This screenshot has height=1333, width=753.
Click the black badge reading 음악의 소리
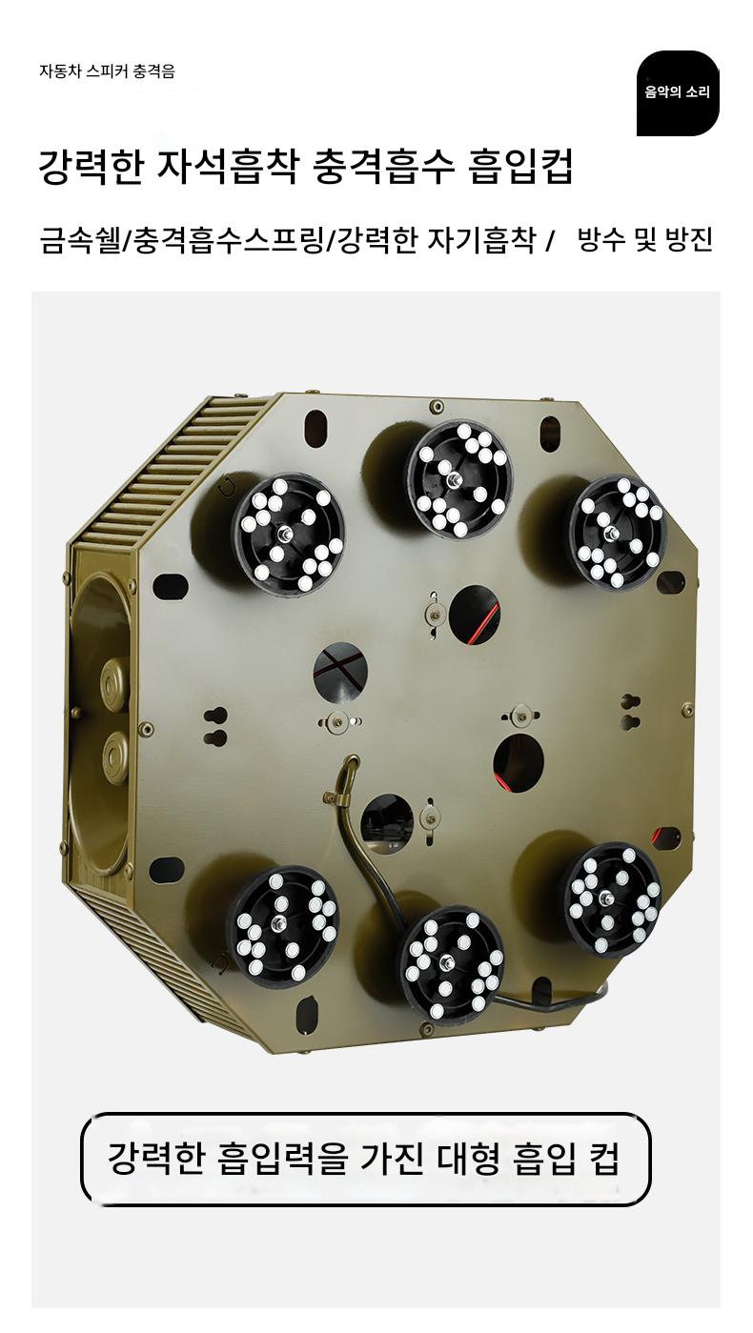coord(678,92)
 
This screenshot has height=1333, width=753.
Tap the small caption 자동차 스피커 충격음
coord(107,71)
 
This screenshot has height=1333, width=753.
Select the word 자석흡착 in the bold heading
coord(226,167)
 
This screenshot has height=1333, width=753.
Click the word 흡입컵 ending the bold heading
coord(521,167)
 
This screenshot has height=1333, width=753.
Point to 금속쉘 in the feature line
coord(80,240)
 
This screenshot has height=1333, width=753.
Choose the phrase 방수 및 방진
coord(645,239)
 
